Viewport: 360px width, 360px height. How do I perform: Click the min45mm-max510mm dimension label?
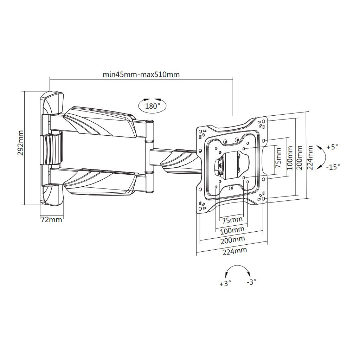click(141, 75)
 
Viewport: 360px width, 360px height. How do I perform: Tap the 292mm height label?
click(21, 143)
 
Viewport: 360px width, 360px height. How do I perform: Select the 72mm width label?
click(52, 220)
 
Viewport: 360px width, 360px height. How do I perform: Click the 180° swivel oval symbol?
click(152, 105)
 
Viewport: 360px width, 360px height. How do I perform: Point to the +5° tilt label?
click(332, 147)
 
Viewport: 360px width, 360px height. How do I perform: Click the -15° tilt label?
click(333, 167)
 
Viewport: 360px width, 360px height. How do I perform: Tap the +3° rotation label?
click(225, 283)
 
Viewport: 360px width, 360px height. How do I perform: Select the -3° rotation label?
click(251, 282)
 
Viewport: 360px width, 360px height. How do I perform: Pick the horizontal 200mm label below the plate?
click(233, 240)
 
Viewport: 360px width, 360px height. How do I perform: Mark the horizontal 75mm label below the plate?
click(232, 220)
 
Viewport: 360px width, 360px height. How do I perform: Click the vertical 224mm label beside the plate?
click(310, 158)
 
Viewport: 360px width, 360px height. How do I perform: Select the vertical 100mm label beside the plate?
click(289, 158)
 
